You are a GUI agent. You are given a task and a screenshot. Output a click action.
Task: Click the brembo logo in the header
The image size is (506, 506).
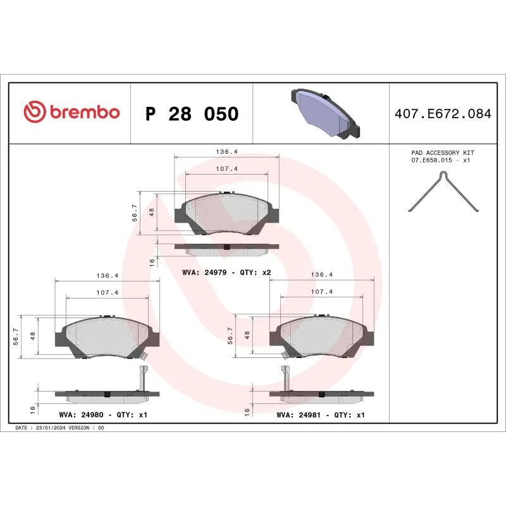(71, 113)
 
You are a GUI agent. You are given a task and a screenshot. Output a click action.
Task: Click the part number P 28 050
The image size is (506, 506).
(192, 114)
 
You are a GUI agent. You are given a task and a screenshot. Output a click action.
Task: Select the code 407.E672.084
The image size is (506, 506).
(442, 114)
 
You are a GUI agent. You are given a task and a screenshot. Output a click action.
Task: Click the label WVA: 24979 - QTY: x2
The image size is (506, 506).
(226, 272)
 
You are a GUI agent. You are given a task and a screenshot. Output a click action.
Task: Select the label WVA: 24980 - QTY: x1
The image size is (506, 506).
(102, 416)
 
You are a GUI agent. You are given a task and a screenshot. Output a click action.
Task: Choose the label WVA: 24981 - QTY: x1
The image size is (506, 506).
(321, 416)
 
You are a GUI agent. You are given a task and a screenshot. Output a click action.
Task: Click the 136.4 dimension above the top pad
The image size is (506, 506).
(226, 152)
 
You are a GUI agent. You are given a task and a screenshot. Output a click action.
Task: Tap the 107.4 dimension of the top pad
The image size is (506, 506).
(226, 169)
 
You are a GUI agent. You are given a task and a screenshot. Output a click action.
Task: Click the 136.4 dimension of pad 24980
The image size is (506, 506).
(107, 276)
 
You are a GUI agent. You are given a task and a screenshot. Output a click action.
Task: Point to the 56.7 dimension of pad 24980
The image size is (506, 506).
(16, 335)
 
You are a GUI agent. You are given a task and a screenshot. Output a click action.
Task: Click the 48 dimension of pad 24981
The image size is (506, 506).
(248, 335)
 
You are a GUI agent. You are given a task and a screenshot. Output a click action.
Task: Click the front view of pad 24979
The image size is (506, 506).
(226, 213)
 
